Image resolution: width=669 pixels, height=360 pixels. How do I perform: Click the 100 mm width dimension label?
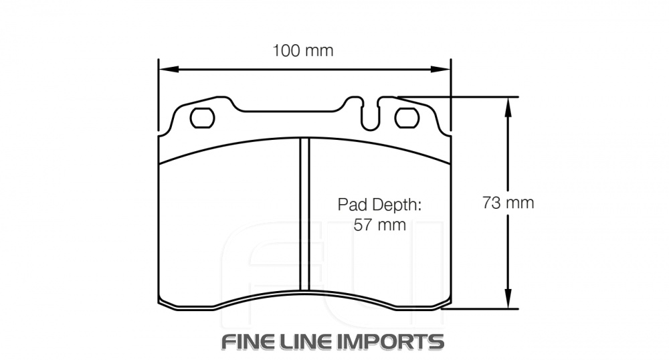pyautogui.click(x=302, y=51)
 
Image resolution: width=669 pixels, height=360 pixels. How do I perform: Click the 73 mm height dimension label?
pyautogui.click(x=508, y=203)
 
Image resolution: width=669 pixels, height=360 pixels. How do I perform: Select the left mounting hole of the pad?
pyautogui.click(x=202, y=118)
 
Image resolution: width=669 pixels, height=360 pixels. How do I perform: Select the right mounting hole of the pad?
pyautogui.click(x=407, y=118)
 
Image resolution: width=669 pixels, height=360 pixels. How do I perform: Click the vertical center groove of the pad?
pyautogui.click(x=304, y=214)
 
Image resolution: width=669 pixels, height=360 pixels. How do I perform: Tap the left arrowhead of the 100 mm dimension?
pyautogui.click(x=165, y=69)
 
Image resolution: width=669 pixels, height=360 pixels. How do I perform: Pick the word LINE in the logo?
pyautogui.click(x=307, y=341)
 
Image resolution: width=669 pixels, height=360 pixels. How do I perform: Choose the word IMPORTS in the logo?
pyautogui.click(x=390, y=341)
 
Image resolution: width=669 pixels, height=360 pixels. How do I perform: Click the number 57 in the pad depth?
pyautogui.click(x=362, y=225)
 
